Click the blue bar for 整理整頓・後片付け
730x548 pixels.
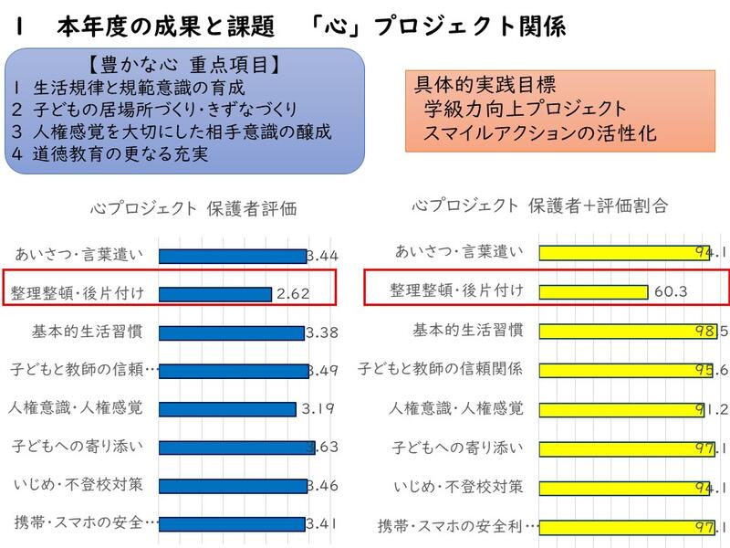click(215, 294)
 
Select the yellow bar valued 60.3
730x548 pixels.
click(593, 291)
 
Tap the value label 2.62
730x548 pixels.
click(294, 294)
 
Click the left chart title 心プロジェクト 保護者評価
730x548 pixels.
click(193, 208)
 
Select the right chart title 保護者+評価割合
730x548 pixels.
click(539, 206)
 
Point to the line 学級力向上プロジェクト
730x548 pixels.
click(525, 110)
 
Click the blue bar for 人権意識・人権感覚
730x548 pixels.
click(227, 409)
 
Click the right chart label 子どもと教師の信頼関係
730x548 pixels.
click(440, 369)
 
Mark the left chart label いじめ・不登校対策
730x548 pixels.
click(78, 484)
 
